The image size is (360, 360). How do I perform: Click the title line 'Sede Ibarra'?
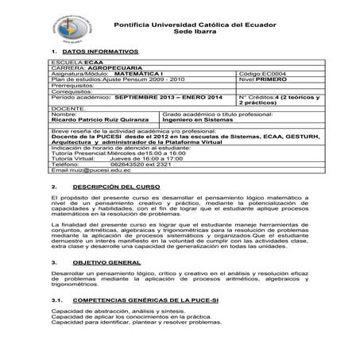[198, 36]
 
